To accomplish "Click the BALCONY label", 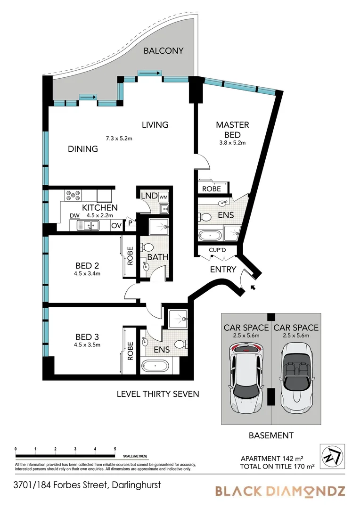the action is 164,50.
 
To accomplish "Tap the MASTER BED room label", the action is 232,130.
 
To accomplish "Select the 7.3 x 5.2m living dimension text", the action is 119,138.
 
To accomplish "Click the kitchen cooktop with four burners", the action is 73,195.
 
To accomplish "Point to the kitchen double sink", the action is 88,225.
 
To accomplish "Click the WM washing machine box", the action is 164,197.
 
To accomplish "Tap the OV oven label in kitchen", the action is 116,226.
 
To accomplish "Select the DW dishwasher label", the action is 74,216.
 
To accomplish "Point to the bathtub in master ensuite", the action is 210,235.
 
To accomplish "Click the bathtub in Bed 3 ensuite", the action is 155,366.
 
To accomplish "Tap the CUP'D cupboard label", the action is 218,250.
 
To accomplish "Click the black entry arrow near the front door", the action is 253,287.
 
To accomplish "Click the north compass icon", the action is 332,457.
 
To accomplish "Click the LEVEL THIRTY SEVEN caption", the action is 158,394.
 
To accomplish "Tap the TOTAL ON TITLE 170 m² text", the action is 277,467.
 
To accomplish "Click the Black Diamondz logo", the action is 280,492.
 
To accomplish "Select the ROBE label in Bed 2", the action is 130,256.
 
